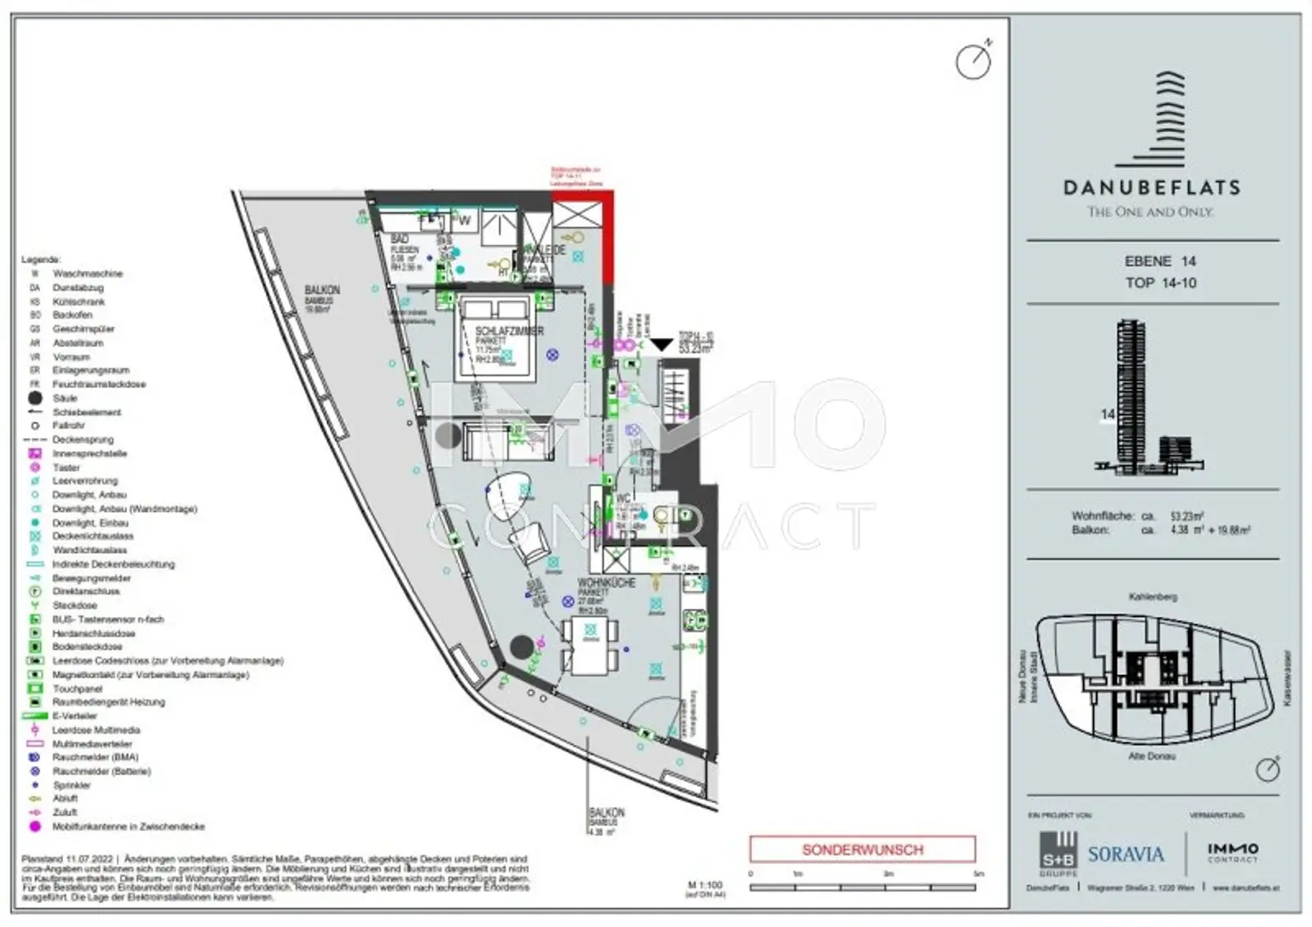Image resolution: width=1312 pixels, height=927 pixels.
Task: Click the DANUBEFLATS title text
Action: click(1151, 187)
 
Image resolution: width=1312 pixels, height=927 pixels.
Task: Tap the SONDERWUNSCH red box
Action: click(862, 849)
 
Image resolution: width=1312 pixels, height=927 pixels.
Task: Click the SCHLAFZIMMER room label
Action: click(509, 331)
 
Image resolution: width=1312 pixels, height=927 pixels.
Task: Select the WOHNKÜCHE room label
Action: click(606, 583)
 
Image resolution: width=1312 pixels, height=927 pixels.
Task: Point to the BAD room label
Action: click(399, 240)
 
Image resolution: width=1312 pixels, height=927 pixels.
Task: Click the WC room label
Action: click(623, 498)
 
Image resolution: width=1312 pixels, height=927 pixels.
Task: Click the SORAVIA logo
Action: click(1125, 854)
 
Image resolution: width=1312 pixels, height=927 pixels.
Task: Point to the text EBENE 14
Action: click(1160, 261)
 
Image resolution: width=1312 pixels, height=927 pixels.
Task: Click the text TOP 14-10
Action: click(1160, 283)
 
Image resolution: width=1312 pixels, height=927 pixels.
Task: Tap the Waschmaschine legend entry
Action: click(87, 273)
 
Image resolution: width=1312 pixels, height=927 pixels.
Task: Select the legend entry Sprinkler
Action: click(72, 785)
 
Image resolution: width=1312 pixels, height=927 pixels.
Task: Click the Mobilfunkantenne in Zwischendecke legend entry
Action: click(128, 826)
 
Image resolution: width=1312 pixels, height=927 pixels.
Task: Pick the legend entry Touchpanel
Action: click(78, 689)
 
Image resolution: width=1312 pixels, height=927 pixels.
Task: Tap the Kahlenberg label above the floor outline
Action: click(1152, 596)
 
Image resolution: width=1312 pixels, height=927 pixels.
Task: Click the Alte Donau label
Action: click(1151, 756)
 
